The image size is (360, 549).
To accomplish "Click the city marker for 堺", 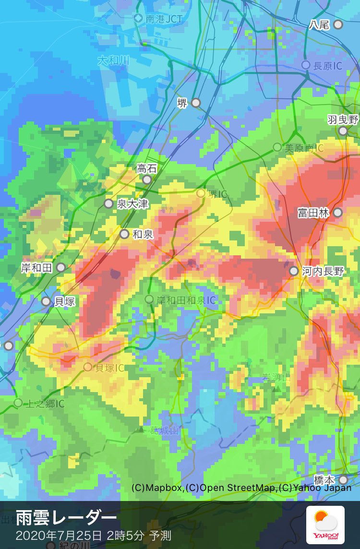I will [x=196, y=103].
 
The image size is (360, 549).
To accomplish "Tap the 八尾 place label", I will [x=319, y=24].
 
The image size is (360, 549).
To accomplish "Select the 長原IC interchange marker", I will [x=306, y=65].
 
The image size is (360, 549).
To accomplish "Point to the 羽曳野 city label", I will [x=343, y=119].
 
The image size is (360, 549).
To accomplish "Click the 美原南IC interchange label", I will [x=304, y=148].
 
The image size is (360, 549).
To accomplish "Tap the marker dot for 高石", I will [x=147, y=179].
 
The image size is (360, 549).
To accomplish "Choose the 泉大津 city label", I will [x=132, y=204].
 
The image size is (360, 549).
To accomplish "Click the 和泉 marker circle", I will [x=125, y=234].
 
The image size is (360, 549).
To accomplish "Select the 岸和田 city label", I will [x=36, y=268].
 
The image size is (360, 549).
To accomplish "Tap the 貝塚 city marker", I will [x=46, y=301].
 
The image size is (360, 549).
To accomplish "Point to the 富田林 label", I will [x=313, y=213].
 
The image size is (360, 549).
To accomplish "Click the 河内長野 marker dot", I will [x=294, y=271].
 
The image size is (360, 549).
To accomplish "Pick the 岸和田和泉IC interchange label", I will [x=187, y=300].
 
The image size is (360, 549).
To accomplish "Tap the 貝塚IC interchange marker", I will [x=88, y=367].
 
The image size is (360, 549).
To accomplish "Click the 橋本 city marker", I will [x=343, y=480].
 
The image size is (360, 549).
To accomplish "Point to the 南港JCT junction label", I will [x=164, y=19].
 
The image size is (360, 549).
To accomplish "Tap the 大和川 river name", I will [x=113, y=61].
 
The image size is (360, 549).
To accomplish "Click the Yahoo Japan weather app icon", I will [x=325, y=525].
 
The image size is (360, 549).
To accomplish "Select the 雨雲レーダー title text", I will [x=66, y=518].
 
